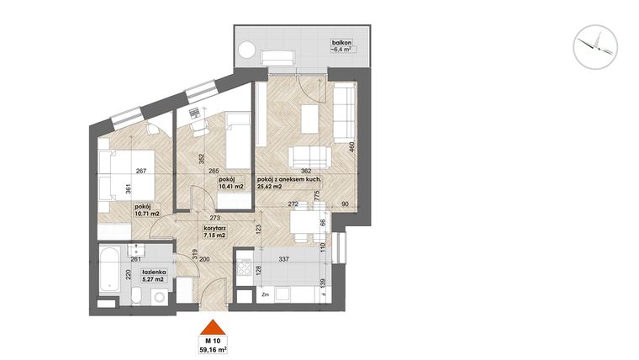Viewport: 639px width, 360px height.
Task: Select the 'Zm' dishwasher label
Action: (x=265, y=294)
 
